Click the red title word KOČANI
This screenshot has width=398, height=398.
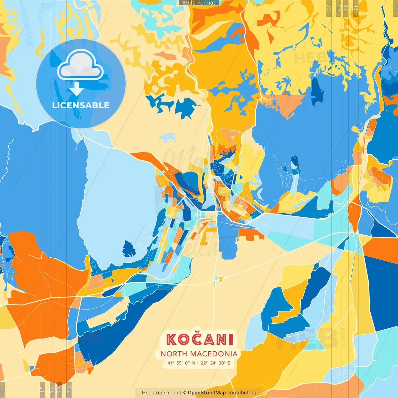(x=199, y=340)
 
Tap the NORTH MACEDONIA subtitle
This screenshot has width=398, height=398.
(x=199, y=354)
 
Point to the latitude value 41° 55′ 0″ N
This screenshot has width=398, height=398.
(x=181, y=363)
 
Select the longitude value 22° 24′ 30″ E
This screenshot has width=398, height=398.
(x=215, y=363)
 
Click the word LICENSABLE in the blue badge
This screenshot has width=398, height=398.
(x=81, y=105)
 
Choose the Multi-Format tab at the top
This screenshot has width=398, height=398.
(x=199, y=3)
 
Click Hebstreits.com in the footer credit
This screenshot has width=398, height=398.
(x=160, y=393)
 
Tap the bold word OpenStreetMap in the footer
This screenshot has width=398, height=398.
(x=206, y=393)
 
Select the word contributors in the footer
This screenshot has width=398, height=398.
(x=242, y=393)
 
